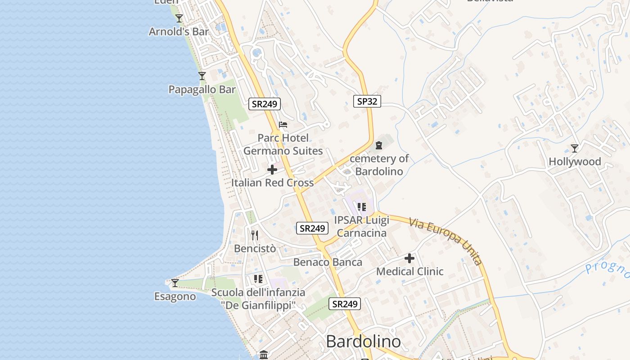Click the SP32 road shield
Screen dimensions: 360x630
pos(367,101)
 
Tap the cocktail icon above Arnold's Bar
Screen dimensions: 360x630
pos(179,18)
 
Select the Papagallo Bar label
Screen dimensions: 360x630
pos(202,90)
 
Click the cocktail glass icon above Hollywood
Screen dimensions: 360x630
pos(575,148)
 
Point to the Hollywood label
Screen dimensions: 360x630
pos(575,162)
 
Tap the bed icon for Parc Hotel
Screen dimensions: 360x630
pos(283,125)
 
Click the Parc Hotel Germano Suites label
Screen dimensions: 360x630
pos(283,144)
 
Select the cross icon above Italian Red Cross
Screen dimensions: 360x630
pos(272,170)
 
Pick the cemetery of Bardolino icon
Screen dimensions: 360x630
pos(378,145)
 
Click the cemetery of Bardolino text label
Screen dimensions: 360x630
pos(379,165)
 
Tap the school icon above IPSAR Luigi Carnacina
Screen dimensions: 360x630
pos(361,207)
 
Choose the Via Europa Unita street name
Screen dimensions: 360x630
pos(445,241)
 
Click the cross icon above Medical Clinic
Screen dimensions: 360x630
pos(409,258)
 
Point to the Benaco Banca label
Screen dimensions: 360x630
pos(328,262)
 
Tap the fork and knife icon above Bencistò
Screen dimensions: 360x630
pos(255,235)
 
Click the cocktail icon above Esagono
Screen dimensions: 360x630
pos(175,283)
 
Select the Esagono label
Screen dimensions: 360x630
pos(175,297)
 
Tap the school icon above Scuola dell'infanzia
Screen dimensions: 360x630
pos(258,279)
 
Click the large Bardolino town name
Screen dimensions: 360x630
pos(363,342)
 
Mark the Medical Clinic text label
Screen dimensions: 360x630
pos(409,271)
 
